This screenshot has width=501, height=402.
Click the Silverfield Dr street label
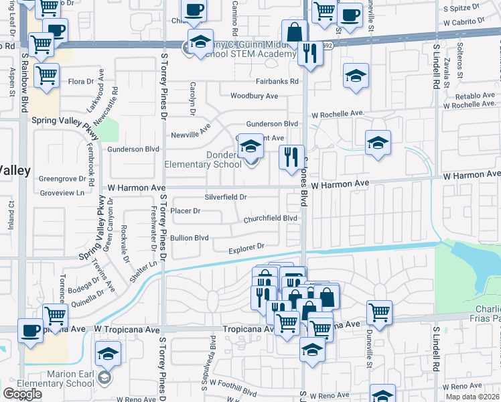(x=226, y=197)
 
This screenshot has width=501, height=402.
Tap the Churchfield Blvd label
(x=270, y=218)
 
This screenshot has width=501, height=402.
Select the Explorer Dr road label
(x=247, y=249)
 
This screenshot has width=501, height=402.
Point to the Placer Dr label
(x=186, y=210)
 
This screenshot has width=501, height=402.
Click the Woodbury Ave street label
(x=254, y=96)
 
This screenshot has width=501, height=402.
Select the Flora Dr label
(x=82, y=82)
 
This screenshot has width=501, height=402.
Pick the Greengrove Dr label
(x=62, y=179)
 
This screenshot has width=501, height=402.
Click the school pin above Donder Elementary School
(x=250, y=146)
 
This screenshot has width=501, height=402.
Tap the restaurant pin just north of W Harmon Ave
(x=291, y=158)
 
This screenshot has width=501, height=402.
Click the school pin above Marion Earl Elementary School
(x=107, y=354)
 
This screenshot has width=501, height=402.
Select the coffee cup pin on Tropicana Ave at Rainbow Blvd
(x=30, y=331)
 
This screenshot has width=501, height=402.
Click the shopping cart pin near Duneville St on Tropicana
(x=379, y=312)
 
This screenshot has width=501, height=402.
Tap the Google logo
(x=22, y=394)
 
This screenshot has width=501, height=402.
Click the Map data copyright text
(x=472, y=397)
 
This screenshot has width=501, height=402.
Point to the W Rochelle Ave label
(x=338, y=113)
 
